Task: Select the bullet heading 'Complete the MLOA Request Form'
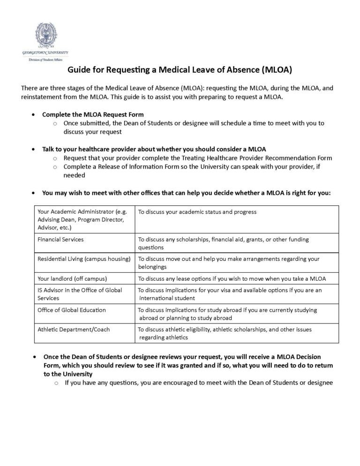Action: (x=93, y=114)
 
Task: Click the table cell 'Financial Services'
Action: (x=60, y=240)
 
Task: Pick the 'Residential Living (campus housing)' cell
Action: (x=84, y=259)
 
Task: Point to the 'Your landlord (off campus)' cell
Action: (x=72, y=278)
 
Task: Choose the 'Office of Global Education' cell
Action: (x=72, y=310)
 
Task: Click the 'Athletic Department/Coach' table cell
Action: (x=74, y=330)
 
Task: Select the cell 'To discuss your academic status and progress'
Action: (x=197, y=212)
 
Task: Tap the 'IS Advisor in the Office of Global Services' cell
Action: (x=80, y=294)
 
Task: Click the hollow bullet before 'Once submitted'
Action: (x=55, y=124)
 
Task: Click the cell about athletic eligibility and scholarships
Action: (x=225, y=333)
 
